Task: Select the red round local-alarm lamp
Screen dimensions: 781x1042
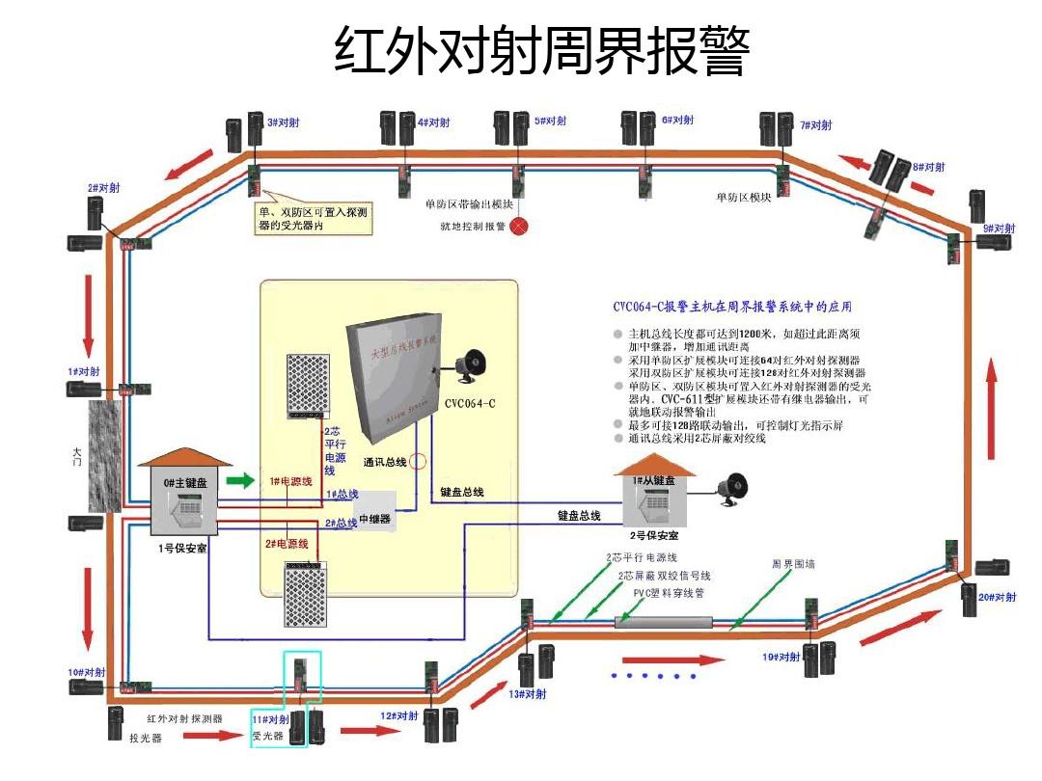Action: (x=520, y=228)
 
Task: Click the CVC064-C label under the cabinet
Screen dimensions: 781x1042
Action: (x=470, y=403)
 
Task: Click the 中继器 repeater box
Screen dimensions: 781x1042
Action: (x=375, y=517)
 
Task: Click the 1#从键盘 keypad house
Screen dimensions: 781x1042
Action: (x=654, y=498)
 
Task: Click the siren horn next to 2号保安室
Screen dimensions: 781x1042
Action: (x=733, y=489)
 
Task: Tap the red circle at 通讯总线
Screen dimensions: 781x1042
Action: (x=417, y=462)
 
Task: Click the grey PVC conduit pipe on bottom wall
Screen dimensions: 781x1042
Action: (x=666, y=623)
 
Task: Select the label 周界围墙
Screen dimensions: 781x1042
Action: (x=793, y=563)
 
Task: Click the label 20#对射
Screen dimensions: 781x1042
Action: (x=997, y=597)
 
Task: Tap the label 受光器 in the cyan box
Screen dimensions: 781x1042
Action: (x=267, y=736)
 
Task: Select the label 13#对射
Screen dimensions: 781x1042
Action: (x=527, y=693)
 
